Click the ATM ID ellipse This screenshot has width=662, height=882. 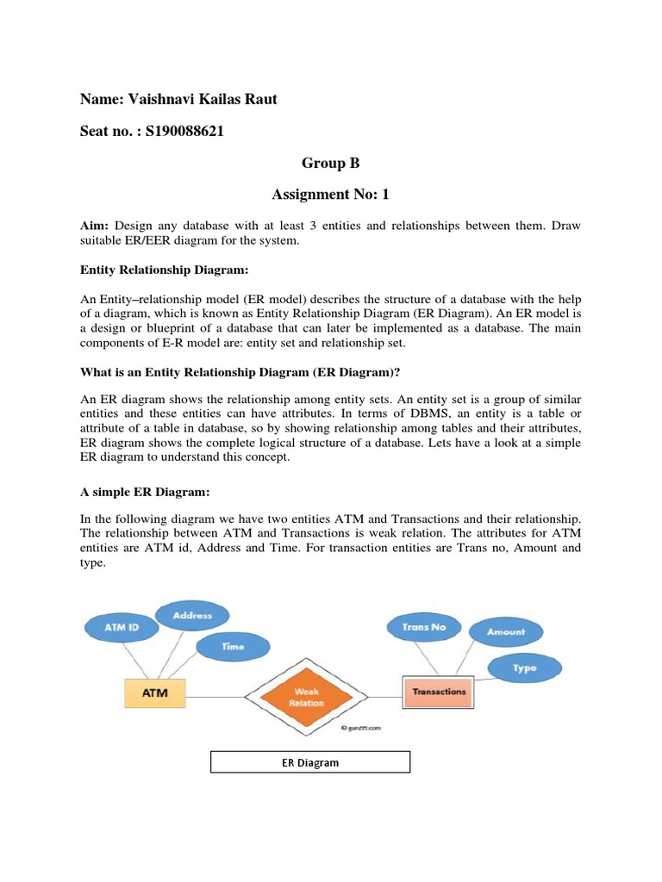122,628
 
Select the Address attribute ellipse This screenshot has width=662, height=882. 192,616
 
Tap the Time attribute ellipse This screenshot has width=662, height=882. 233,646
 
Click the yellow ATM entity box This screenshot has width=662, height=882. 155,692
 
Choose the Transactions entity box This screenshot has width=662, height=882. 439,692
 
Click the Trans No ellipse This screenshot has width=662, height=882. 424,627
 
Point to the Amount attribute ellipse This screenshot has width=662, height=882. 506,631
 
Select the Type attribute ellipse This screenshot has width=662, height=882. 524,668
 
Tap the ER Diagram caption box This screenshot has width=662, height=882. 310,762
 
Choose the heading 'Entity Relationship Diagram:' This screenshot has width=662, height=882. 164,270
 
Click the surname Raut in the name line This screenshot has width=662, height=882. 259,99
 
